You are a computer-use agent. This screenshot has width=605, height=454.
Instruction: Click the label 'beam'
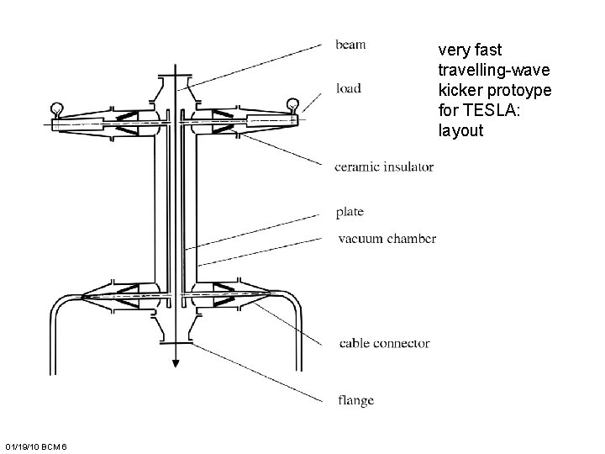tap(350, 44)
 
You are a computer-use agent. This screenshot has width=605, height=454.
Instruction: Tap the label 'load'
tap(349, 87)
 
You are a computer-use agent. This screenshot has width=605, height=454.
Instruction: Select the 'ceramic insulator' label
tap(384, 166)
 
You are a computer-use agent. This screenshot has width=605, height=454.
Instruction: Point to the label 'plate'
tap(349, 211)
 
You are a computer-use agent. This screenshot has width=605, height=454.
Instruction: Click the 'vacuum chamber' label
tap(387, 239)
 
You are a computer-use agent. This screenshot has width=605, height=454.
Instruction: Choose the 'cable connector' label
tap(384, 343)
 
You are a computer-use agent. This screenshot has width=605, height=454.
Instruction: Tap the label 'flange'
tap(356, 400)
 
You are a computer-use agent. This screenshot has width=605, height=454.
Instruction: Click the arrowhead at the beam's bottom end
tap(176, 362)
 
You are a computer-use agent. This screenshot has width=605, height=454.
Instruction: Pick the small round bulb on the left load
tap(57, 107)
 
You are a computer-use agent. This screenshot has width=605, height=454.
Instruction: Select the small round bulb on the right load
tap(292, 103)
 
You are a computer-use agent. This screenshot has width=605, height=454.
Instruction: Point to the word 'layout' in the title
tap(460, 130)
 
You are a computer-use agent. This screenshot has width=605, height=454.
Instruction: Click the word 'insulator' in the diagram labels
tap(408, 166)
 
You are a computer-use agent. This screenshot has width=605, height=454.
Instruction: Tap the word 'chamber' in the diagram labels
tap(412, 239)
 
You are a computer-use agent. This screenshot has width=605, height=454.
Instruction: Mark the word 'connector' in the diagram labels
tap(401, 343)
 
